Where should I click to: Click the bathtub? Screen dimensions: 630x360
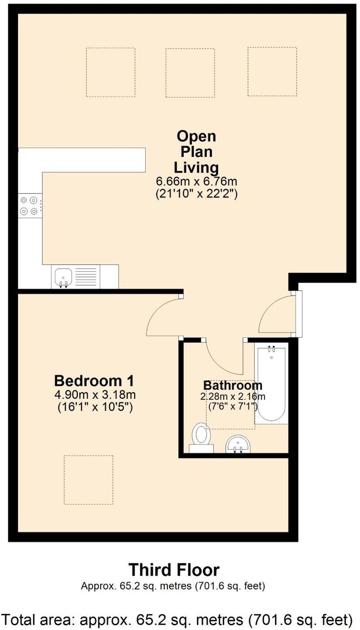pyautogui.click(x=271, y=383)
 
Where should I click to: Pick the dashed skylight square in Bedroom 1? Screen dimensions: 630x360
pyautogui.click(x=88, y=480)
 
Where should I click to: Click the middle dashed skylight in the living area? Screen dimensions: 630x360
pyautogui.click(x=190, y=72)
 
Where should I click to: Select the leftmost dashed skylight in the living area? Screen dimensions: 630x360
pyautogui.click(x=111, y=72)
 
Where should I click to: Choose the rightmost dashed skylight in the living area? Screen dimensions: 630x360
pyautogui.click(x=272, y=71)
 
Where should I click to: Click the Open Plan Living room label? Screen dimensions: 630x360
pyautogui.click(x=196, y=152)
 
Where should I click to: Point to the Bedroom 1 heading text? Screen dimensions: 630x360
pyautogui.click(x=94, y=381)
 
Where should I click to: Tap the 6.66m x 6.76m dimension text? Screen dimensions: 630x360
pyautogui.click(x=196, y=181)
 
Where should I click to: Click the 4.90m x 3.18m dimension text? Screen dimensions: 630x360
pyautogui.click(x=95, y=395)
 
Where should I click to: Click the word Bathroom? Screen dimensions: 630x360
pyautogui.click(x=233, y=385)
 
